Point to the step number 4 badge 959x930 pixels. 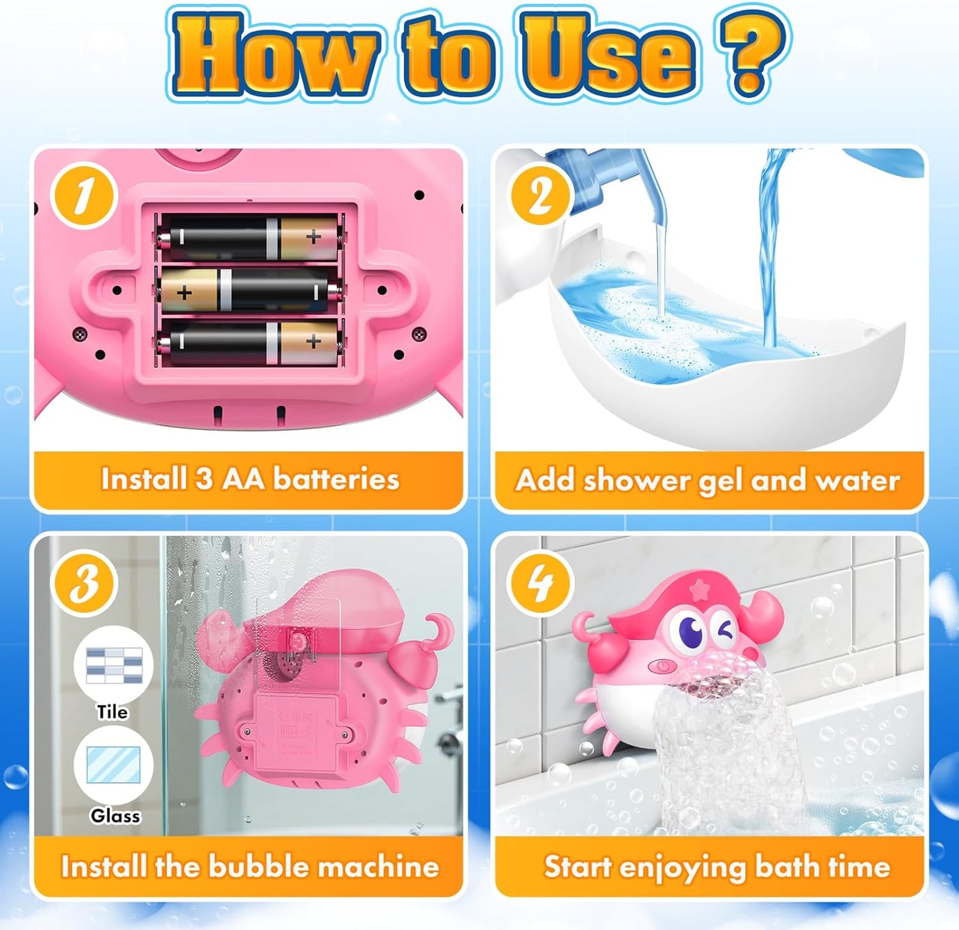[540, 584]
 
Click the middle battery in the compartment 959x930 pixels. [250, 291]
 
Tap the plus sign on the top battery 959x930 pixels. [313, 236]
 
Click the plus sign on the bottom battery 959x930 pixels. [313, 342]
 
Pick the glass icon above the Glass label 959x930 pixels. [113, 765]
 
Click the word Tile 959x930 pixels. [112, 712]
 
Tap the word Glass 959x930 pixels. [115, 815]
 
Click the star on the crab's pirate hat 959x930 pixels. [698, 588]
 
